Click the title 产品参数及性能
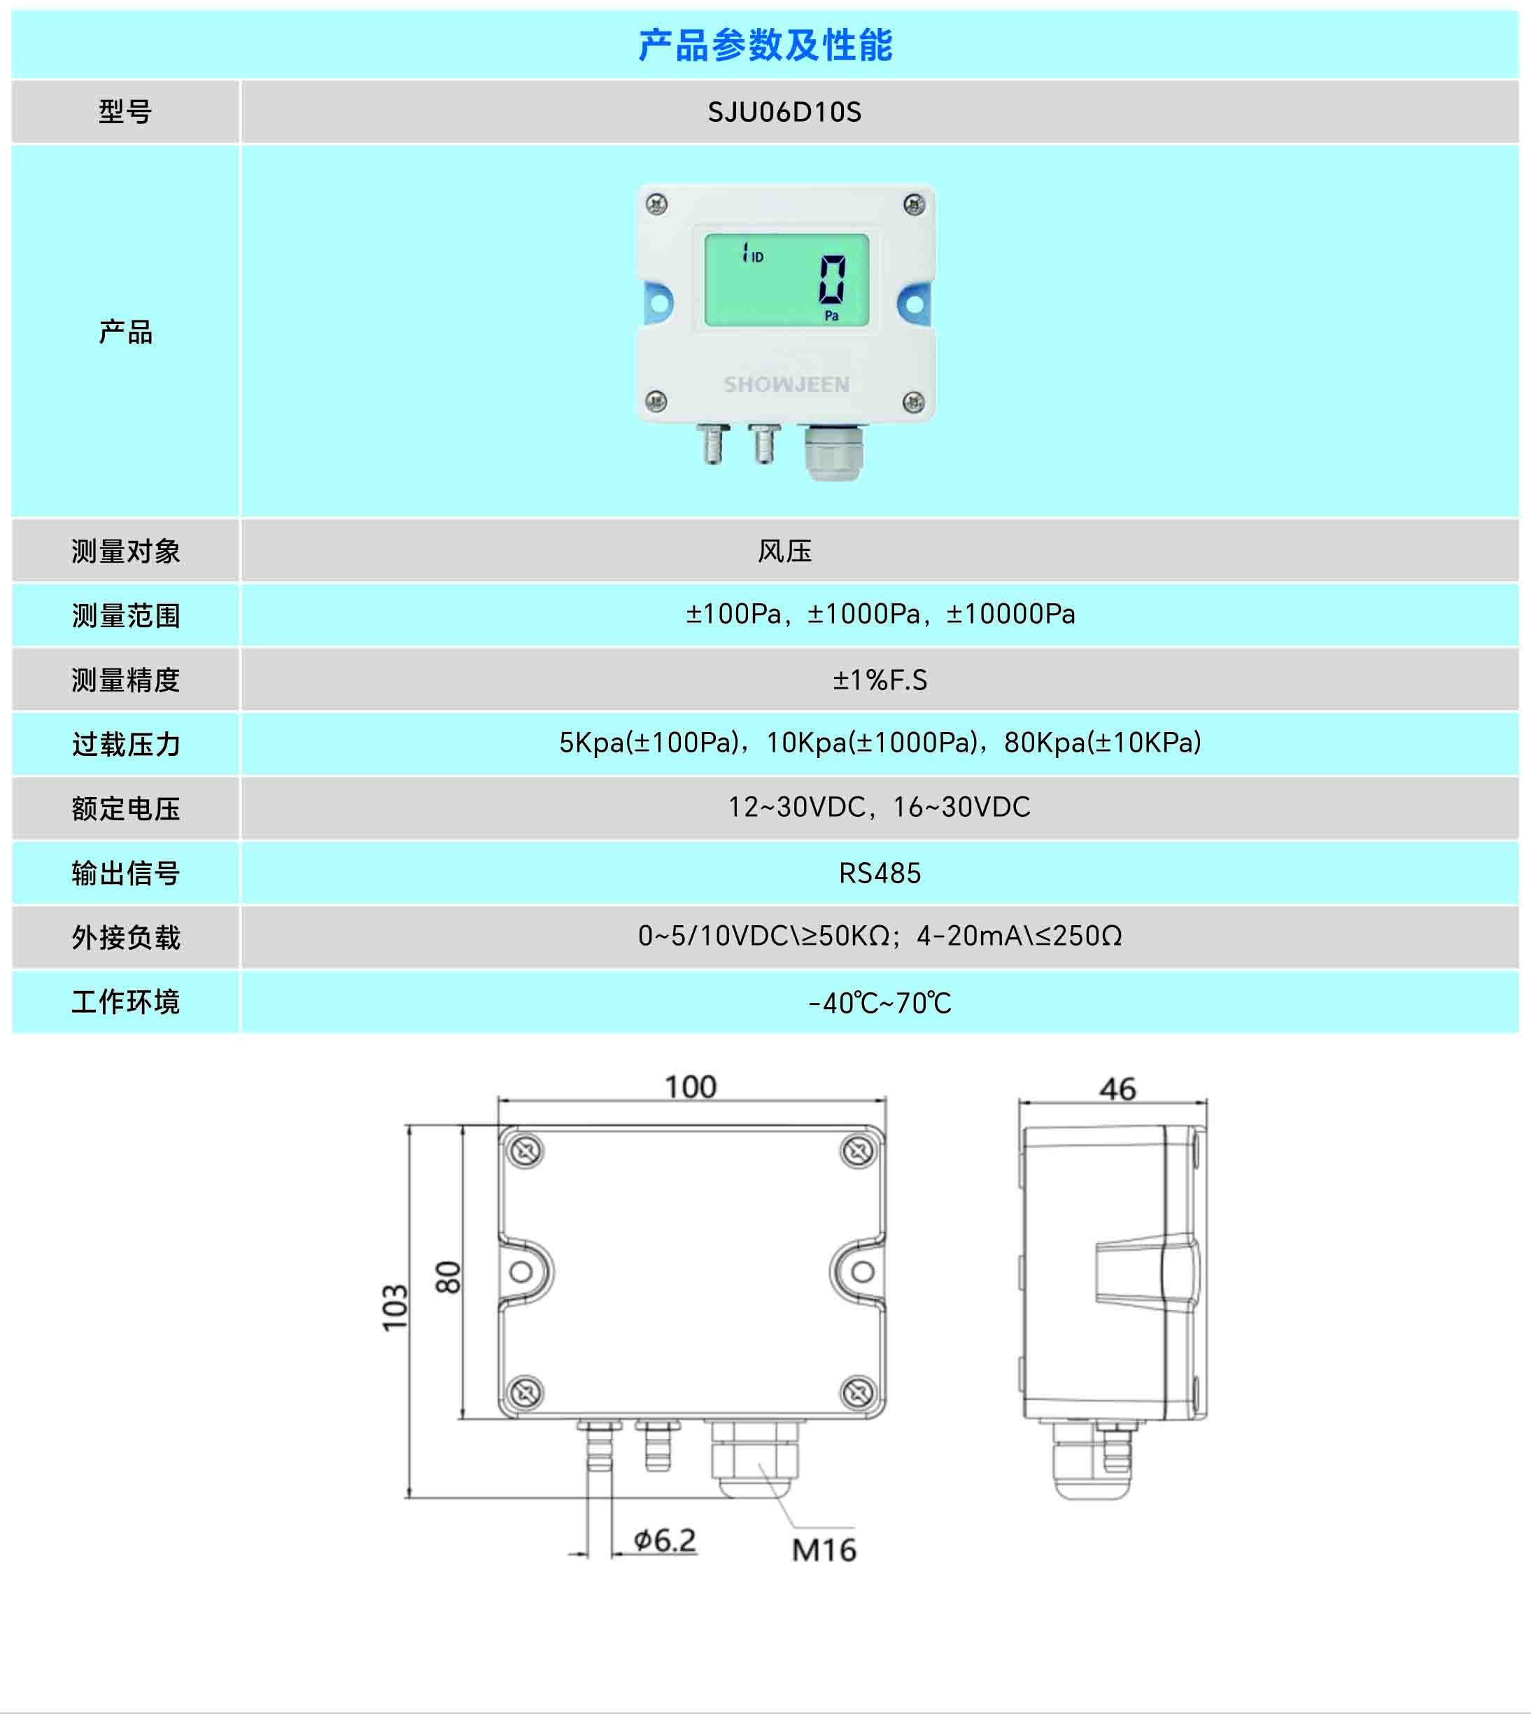[x=765, y=45]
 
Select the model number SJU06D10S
[x=784, y=112]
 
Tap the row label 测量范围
[x=125, y=616]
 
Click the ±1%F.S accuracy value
[x=880, y=680]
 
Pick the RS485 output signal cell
[x=880, y=873]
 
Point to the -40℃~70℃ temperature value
[x=880, y=1003]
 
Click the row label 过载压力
[x=125, y=745]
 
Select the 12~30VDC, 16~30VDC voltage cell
[x=879, y=807]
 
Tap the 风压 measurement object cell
[x=784, y=551]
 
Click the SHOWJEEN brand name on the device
[x=786, y=384]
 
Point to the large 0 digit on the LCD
[x=832, y=280]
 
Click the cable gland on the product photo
[x=833, y=454]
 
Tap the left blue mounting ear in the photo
[x=658, y=303]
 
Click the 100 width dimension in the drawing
[x=691, y=1087]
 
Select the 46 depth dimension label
[x=1117, y=1090]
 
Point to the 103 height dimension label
[x=395, y=1309]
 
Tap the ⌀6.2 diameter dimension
[x=665, y=1540]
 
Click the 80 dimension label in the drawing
[x=449, y=1277]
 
